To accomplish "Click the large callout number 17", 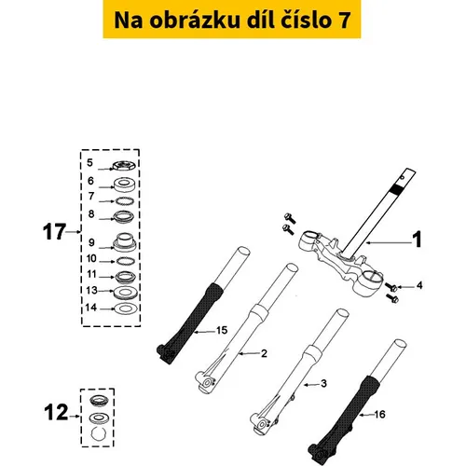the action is coord(54,232).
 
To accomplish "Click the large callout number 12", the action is coord(56,413).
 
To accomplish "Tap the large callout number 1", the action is coord(417,240).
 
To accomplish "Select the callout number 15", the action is coord(222,330).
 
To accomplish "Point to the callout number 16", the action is coord(379,414).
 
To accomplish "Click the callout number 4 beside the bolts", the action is coord(419,285).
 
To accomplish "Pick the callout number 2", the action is coord(264,353).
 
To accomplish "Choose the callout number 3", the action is coord(323,384).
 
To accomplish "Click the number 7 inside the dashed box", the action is coord(91,196).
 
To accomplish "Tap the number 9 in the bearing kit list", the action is coord(91,242).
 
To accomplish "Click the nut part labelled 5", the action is coord(124,165).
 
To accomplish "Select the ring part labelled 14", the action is coord(125,308).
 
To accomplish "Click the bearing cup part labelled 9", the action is coord(124,242).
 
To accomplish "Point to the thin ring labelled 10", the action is coord(126,261).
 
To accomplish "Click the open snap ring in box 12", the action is coord(99,433).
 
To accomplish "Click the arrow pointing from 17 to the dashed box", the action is coord(74,232).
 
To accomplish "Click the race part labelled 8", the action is coord(124,216).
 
